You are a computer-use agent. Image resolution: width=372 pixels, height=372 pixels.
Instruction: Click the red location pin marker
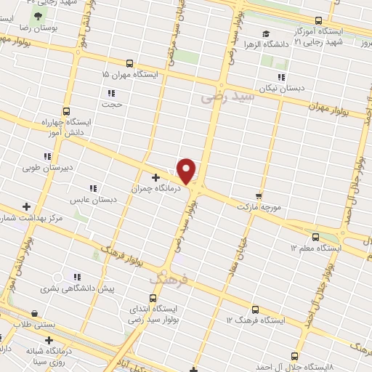click(x=187, y=171)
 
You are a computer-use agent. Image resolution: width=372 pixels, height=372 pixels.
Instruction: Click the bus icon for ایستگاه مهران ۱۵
click(x=129, y=63)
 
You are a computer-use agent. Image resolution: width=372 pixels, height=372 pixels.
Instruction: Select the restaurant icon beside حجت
click(x=111, y=93)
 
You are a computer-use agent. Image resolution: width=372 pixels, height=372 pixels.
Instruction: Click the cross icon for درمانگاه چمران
click(x=155, y=177)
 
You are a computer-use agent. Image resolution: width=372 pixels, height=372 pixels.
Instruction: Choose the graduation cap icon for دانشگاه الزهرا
click(x=266, y=34)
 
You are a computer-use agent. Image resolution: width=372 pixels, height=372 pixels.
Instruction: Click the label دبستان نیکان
click(x=288, y=88)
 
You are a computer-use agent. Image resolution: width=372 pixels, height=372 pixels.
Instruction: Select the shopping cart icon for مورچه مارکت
click(x=258, y=196)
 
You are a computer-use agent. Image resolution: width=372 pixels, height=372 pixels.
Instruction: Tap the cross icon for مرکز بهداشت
click(x=27, y=207)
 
